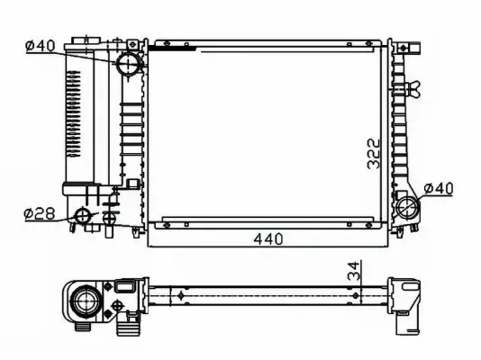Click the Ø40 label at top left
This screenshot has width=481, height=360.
click(x=41, y=46)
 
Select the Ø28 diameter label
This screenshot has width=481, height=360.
click(x=40, y=213)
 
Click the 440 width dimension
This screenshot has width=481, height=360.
click(x=267, y=239)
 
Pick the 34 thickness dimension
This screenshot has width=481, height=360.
click(x=357, y=271)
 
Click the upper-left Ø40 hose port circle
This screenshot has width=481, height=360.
click(x=127, y=64)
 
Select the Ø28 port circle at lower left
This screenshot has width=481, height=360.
click(x=83, y=215)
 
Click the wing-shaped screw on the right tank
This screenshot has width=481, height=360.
click(x=414, y=89)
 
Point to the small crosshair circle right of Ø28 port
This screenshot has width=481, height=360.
click(x=109, y=216)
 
